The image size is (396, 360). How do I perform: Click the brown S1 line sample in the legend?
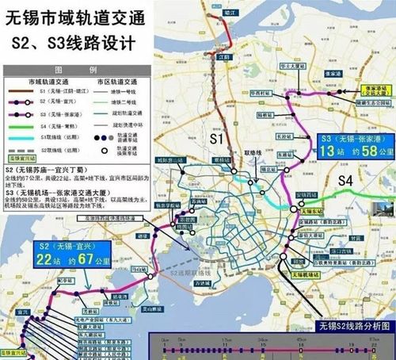click(27, 92)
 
